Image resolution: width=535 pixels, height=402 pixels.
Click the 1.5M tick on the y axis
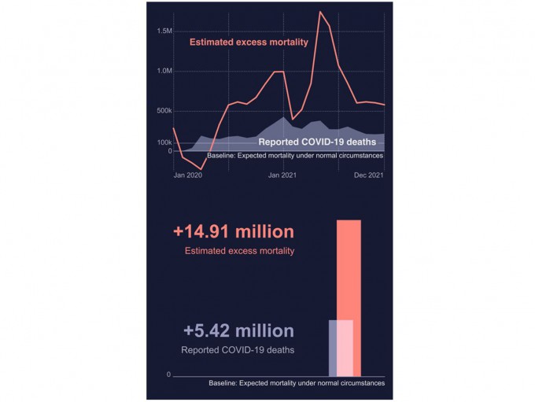(x=164, y=31)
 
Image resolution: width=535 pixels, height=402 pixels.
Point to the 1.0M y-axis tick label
(x=164, y=71)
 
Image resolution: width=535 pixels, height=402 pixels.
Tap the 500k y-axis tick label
(x=164, y=110)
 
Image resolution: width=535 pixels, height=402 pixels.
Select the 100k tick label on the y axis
(x=164, y=142)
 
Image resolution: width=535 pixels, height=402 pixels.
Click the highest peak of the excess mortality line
(x=320, y=12)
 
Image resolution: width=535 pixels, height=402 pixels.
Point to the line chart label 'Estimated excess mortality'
(x=249, y=42)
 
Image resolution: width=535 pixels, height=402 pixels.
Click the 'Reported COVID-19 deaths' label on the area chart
(x=317, y=142)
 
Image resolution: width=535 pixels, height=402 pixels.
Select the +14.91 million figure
(x=234, y=232)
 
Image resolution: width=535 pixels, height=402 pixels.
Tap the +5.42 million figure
(x=238, y=331)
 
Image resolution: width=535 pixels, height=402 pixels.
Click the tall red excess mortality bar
(x=349, y=267)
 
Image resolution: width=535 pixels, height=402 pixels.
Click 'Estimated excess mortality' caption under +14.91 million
(x=239, y=252)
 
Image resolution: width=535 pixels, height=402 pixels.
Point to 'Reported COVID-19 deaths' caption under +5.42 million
(x=238, y=350)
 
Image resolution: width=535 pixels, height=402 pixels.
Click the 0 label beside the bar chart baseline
(x=168, y=375)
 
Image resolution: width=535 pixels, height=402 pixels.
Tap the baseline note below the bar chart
(x=297, y=383)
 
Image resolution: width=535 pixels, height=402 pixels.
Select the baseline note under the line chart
(x=295, y=156)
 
